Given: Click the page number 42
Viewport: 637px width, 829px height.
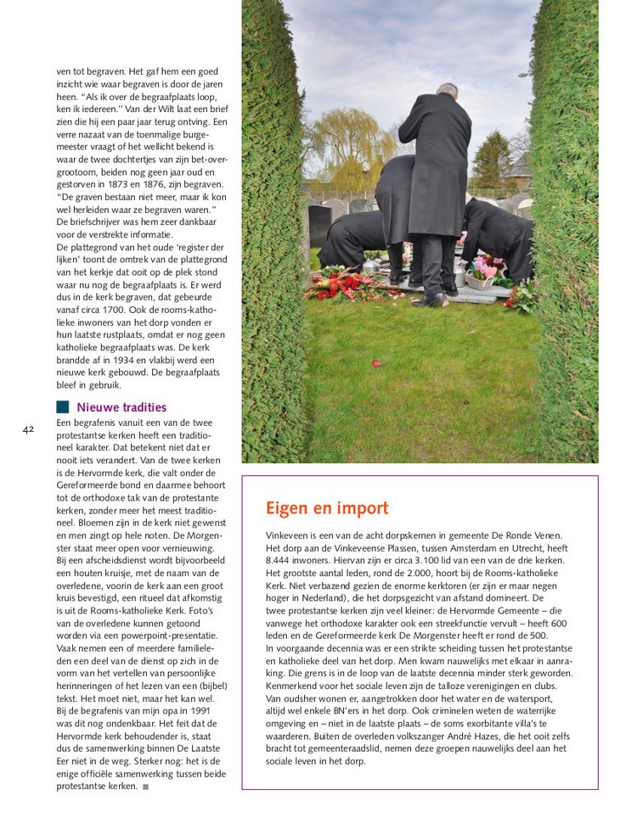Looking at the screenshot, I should coord(28,429).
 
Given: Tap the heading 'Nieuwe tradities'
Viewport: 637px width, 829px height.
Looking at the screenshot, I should coord(121,407).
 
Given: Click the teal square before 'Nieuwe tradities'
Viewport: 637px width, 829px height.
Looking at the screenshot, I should coord(63,407).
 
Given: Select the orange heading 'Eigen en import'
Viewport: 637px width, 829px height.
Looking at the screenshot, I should coord(327,508).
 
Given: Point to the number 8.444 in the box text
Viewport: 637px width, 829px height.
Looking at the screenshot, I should coord(280,561).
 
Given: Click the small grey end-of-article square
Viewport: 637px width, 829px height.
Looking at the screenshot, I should coord(146,787).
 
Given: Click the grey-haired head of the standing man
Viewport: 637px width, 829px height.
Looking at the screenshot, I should coord(447,90).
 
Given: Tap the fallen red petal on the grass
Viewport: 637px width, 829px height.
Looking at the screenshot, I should coord(376,363).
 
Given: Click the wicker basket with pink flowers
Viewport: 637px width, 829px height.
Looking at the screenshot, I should coord(481,277).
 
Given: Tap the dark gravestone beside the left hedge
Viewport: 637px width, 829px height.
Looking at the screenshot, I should coord(321,224).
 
